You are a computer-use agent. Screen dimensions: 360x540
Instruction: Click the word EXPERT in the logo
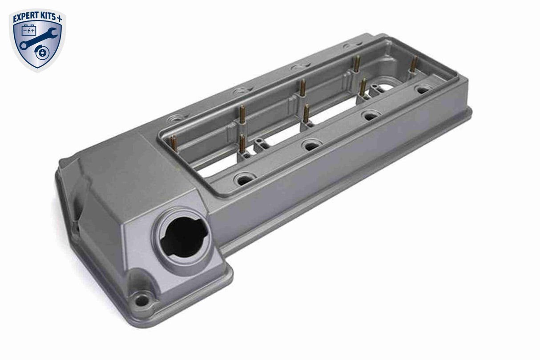click(x=26, y=18)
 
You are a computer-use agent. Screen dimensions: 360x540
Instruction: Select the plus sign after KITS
click(x=60, y=18)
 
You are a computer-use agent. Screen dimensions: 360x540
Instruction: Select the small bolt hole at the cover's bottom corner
click(x=141, y=300)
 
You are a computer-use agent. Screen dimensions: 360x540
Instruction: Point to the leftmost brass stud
click(x=173, y=143)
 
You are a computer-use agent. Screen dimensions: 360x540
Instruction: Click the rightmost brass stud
click(x=414, y=65)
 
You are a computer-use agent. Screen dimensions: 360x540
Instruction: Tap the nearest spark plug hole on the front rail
click(x=244, y=180)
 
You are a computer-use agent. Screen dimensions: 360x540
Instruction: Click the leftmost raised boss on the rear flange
click(x=177, y=119)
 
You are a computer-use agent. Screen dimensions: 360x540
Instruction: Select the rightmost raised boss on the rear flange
click(x=349, y=45)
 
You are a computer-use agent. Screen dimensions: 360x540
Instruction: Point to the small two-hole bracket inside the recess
click(x=261, y=144)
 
